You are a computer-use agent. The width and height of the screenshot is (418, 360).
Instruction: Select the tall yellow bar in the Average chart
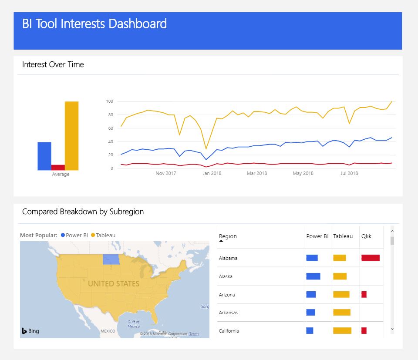(x=71, y=136)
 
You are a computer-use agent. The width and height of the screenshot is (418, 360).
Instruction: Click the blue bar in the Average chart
(x=44, y=156)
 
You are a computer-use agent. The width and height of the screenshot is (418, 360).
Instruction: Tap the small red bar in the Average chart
(x=58, y=167)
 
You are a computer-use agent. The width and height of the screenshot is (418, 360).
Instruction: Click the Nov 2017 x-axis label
(x=165, y=174)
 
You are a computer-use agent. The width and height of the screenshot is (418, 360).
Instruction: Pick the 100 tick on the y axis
(x=109, y=101)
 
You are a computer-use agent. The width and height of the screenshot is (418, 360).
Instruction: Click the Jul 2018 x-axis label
(x=349, y=174)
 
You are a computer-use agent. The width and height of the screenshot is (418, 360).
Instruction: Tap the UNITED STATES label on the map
(x=114, y=284)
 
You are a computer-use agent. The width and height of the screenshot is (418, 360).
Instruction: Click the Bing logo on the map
(x=30, y=331)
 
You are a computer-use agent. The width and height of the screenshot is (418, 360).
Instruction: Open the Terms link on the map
(x=194, y=334)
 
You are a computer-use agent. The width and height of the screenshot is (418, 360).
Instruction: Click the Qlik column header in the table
(x=366, y=236)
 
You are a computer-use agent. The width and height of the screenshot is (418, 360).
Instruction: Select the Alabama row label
(x=228, y=258)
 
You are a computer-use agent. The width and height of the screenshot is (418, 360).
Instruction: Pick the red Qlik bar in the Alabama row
(x=370, y=258)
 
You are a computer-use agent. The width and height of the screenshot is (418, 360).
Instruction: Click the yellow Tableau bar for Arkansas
(x=341, y=313)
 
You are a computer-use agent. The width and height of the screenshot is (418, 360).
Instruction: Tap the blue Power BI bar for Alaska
(x=313, y=276)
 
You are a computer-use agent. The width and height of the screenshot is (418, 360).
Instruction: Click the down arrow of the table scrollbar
(x=392, y=330)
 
